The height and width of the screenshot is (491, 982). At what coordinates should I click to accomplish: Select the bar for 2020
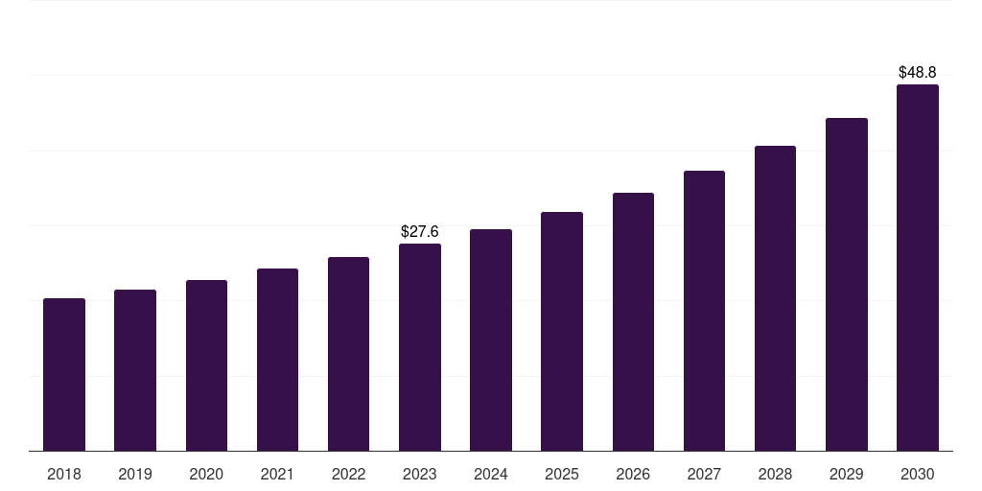pyautogui.click(x=206, y=365)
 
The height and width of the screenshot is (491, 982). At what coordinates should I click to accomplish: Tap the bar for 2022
pyautogui.click(x=348, y=354)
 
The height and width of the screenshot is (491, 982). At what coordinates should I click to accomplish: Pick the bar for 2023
pyautogui.click(x=420, y=347)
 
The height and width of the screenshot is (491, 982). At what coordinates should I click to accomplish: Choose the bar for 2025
pyautogui.click(x=562, y=331)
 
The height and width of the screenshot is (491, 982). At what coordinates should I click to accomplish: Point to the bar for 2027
pyautogui.click(x=704, y=311)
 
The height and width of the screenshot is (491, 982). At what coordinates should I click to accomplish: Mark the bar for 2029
pyautogui.click(x=846, y=284)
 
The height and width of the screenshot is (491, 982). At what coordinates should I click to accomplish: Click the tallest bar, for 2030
pyautogui.click(x=917, y=268)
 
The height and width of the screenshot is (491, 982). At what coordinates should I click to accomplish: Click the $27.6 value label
pyautogui.click(x=420, y=232)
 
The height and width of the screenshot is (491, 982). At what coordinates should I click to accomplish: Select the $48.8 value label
pyautogui.click(x=917, y=72)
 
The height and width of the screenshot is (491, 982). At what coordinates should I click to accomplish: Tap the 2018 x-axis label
pyautogui.click(x=64, y=475)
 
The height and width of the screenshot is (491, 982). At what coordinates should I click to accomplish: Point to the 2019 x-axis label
pyautogui.click(x=135, y=475)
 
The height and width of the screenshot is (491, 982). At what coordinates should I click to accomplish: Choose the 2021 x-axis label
pyautogui.click(x=277, y=475)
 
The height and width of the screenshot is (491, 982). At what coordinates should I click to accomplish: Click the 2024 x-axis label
pyautogui.click(x=491, y=475)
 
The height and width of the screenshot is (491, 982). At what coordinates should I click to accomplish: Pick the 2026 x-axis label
pyautogui.click(x=633, y=475)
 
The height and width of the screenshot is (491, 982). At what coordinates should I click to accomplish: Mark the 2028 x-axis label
pyautogui.click(x=775, y=475)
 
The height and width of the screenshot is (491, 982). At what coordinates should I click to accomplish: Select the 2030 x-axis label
pyautogui.click(x=917, y=475)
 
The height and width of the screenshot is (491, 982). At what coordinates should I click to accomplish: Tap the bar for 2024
pyautogui.click(x=491, y=339)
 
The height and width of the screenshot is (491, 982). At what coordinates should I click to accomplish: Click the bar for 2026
pyautogui.click(x=633, y=321)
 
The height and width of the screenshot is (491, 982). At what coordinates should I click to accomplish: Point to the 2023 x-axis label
pyautogui.click(x=420, y=475)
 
